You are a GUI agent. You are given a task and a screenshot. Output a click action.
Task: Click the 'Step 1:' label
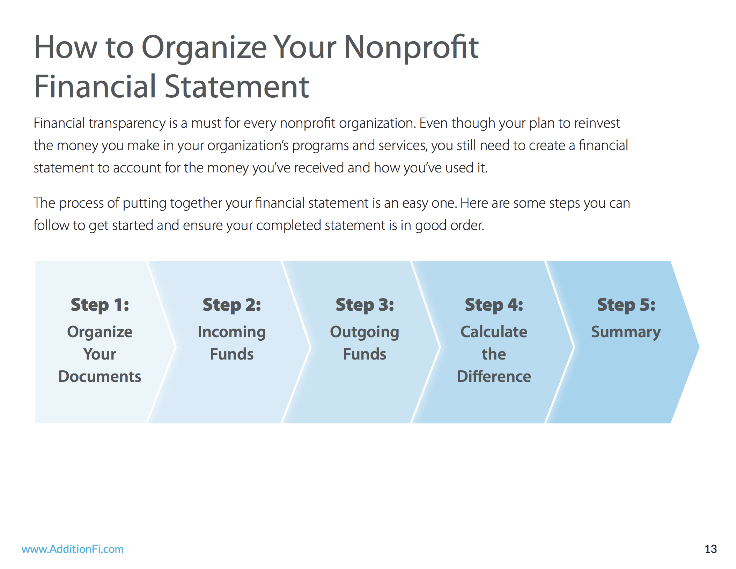pyautogui.click(x=100, y=305)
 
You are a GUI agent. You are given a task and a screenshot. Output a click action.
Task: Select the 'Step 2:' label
pyautogui.click(x=232, y=305)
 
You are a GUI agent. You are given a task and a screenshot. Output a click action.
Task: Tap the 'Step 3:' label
pyautogui.click(x=365, y=305)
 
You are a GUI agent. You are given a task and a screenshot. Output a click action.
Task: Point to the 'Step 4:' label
pyautogui.click(x=494, y=305)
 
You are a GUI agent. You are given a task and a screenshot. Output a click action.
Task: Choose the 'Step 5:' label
pyautogui.click(x=626, y=305)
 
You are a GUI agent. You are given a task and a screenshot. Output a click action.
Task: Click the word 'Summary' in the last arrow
pyautogui.click(x=626, y=332)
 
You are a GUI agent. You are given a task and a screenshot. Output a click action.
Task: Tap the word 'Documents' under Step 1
pyautogui.click(x=100, y=376)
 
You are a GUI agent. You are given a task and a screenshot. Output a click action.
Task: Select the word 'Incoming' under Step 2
pyautogui.click(x=232, y=332)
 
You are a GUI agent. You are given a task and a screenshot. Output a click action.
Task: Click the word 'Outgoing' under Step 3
pyautogui.click(x=365, y=332)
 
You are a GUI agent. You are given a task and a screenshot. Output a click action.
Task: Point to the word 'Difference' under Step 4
pyautogui.click(x=494, y=376)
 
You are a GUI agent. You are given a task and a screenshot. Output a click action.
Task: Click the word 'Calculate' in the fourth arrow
pyautogui.click(x=494, y=332)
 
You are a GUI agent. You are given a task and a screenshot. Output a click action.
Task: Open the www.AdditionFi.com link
pyautogui.click(x=73, y=549)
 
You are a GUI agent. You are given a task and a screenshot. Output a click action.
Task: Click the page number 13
pyautogui.click(x=711, y=549)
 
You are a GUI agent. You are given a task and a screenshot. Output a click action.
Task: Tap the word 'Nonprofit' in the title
pyautogui.click(x=411, y=47)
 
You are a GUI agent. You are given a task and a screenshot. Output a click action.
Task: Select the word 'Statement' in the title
pyautogui.click(x=237, y=87)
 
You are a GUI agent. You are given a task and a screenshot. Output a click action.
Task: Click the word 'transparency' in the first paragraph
pyautogui.click(x=127, y=124)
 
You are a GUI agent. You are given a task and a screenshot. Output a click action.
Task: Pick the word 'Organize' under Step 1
pyautogui.click(x=100, y=332)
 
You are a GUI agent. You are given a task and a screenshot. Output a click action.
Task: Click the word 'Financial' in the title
pyautogui.click(x=95, y=87)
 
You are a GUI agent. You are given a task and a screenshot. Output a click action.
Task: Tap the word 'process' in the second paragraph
pyautogui.click(x=81, y=203)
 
